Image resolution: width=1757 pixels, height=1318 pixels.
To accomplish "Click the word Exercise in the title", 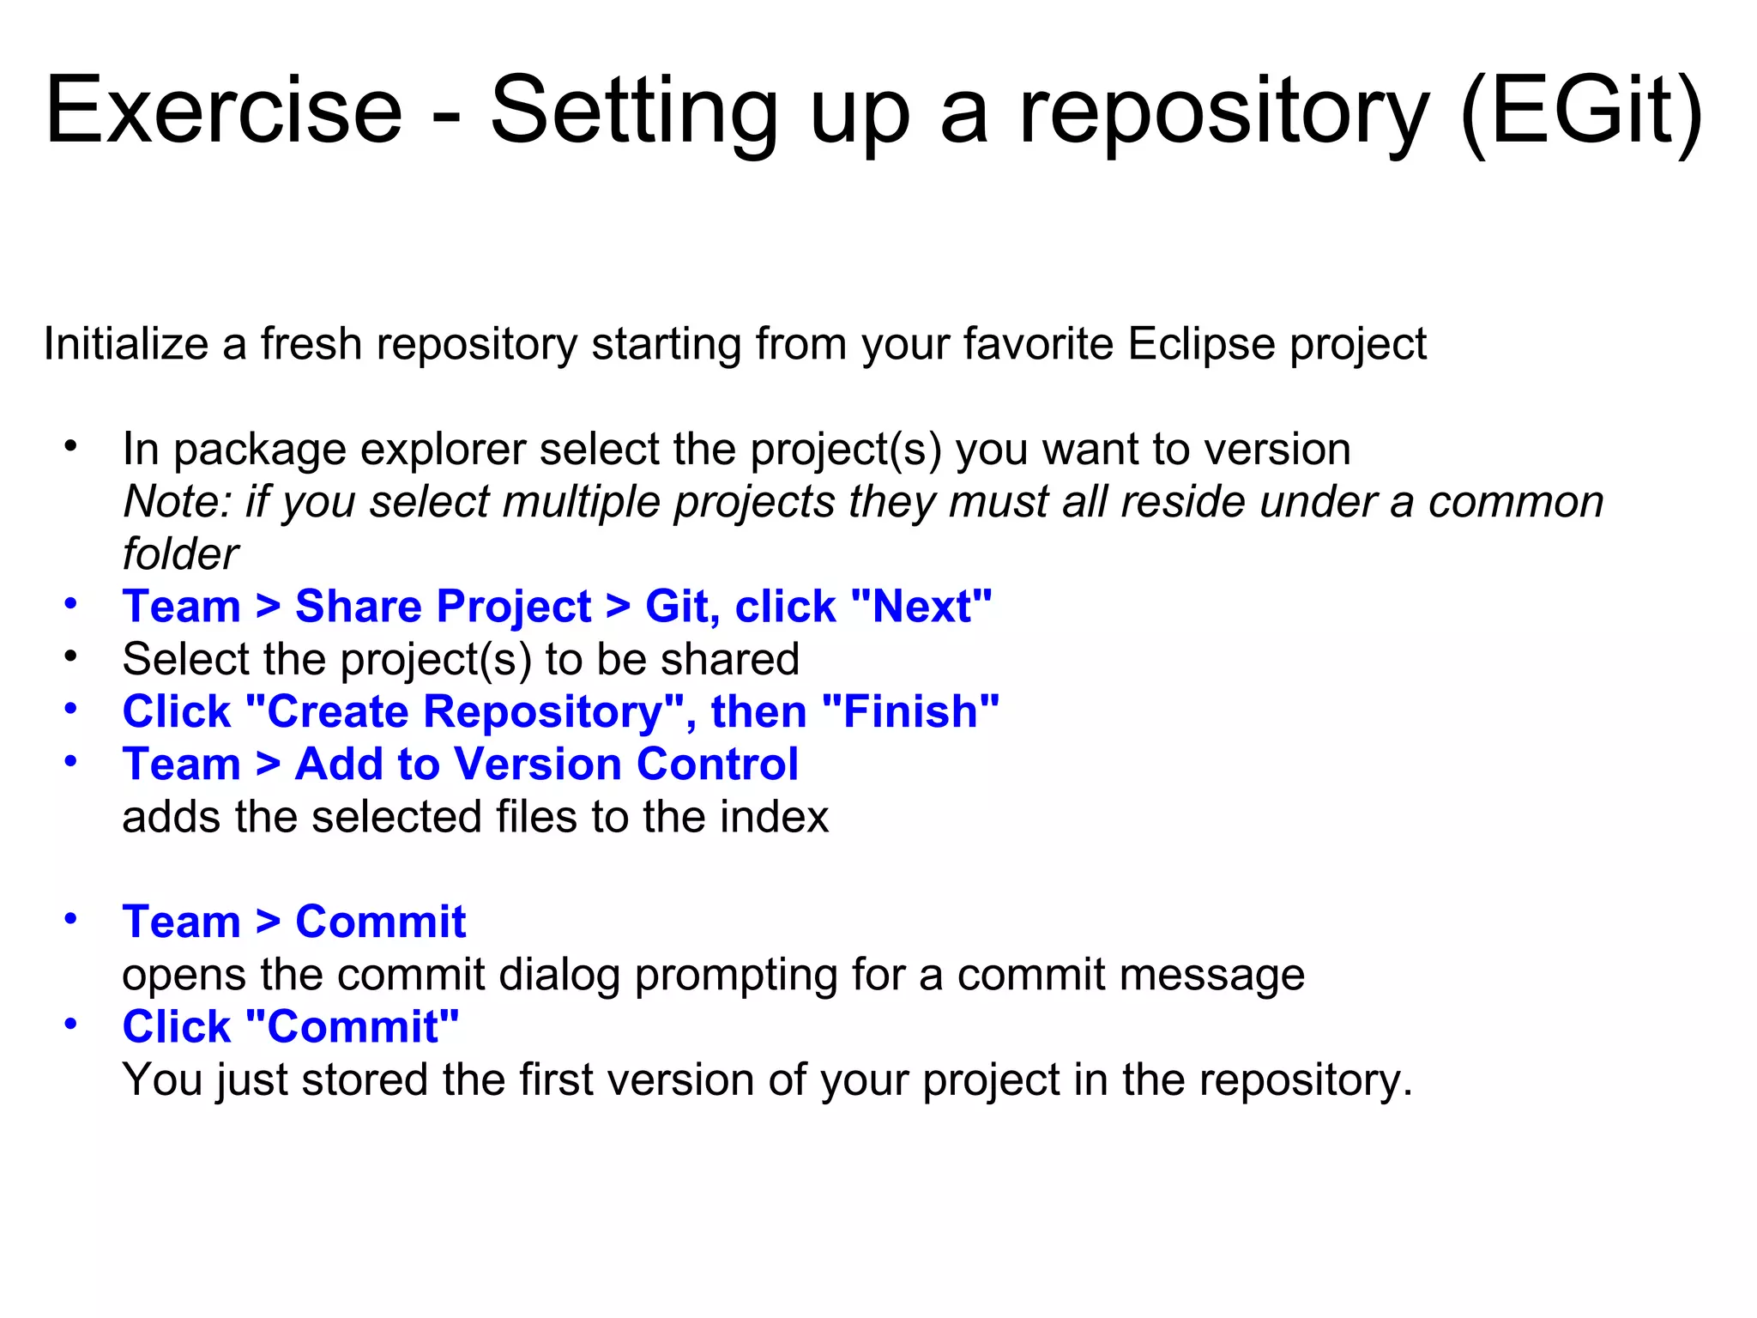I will click(x=223, y=112).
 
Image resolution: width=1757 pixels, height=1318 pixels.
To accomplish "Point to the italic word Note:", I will click(x=177, y=502).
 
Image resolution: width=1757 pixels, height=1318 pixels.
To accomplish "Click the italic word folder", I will click(x=180, y=554).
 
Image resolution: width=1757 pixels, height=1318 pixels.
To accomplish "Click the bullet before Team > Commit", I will click(x=71, y=920).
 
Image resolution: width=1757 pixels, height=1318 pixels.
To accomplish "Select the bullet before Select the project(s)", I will click(x=71, y=657).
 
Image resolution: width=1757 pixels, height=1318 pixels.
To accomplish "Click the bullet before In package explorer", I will click(x=71, y=447).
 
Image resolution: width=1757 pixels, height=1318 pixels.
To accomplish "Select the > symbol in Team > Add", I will click(x=269, y=765).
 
